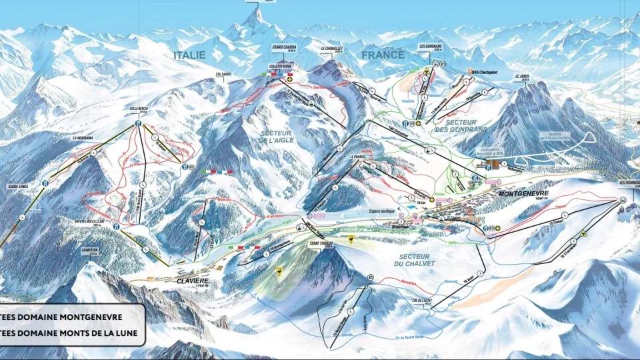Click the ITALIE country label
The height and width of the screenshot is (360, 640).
point(189,55)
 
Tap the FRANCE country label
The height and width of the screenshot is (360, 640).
point(383,55)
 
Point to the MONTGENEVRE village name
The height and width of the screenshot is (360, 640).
point(523,193)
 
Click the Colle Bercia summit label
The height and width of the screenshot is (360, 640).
point(137,108)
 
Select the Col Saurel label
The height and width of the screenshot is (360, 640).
point(223,75)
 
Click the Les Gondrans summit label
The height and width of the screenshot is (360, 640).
point(431,46)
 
